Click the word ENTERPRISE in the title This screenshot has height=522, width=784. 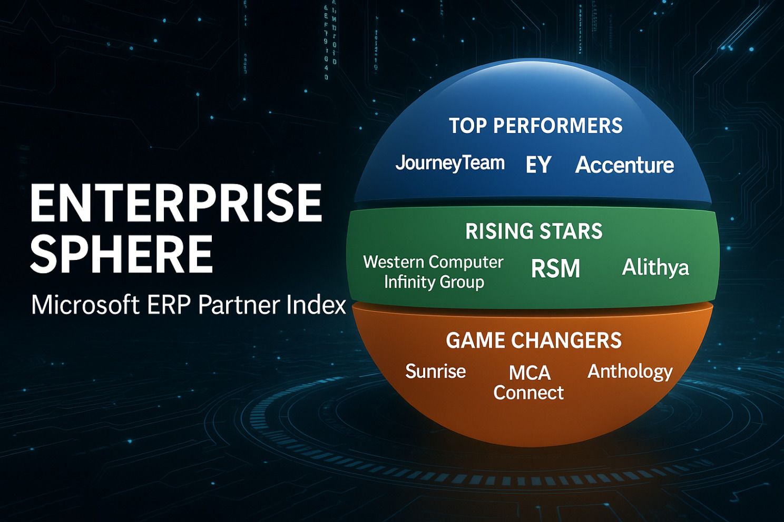tap(176, 203)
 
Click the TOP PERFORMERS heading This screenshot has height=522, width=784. tap(536, 126)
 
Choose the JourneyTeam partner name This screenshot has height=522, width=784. tap(450, 164)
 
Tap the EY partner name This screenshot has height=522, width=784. tap(538, 165)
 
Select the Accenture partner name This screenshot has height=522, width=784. tap(625, 165)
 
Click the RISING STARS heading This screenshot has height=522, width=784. tap(534, 231)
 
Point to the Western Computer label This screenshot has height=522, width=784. tap(433, 262)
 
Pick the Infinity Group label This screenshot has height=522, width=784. tap(434, 282)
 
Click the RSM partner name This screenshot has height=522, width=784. tap(555, 268)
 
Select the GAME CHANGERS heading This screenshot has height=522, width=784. tap(534, 340)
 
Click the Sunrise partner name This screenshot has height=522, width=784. tap(435, 371)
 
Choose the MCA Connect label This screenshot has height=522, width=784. tap(529, 383)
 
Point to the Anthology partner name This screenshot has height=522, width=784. tap(630, 372)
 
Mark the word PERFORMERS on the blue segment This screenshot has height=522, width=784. tap(558, 126)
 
